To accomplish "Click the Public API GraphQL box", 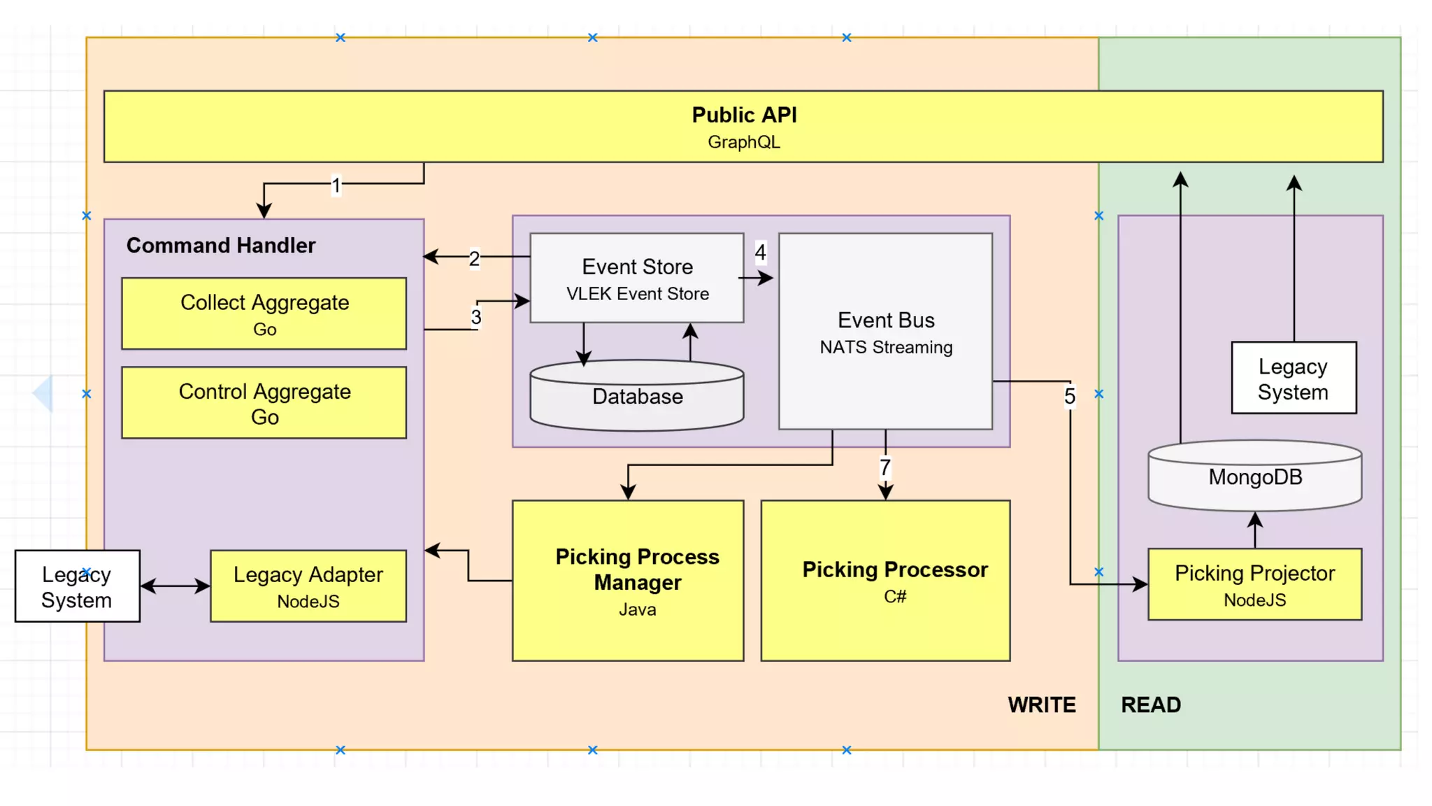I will [x=743, y=127].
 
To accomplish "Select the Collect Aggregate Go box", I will [x=264, y=313].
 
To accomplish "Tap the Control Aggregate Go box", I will [x=264, y=403].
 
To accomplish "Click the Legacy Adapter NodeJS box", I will [x=308, y=586].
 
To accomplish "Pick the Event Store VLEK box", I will [x=636, y=278].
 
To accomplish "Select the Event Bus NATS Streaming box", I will [x=885, y=332].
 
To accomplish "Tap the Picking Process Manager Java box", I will [x=627, y=581].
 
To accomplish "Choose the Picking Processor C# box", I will [x=885, y=581].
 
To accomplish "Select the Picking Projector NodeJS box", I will [x=1254, y=585].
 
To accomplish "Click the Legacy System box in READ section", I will [x=1293, y=379].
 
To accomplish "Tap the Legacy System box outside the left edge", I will [x=77, y=586].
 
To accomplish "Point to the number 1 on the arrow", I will [x=336, y=185].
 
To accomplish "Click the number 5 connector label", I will [x=1069, y=397].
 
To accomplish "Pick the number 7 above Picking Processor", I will [x=885, y=467].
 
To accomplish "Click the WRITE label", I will [x=1041, y=705].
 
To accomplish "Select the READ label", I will [x=1150, y=705].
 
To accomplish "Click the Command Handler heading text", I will [x=220, y=246].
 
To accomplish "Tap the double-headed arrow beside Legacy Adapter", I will [x=175, y=586].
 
